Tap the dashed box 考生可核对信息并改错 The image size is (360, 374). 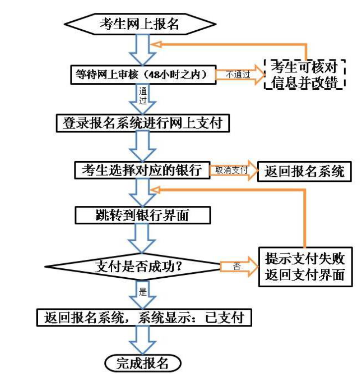click(304, 74)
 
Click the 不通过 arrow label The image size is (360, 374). click(238, 74)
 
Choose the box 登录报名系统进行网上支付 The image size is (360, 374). click(143, 123)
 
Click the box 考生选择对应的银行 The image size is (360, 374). click(142, 170)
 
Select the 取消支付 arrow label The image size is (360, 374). click(231, 170)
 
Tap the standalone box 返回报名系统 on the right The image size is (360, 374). click(304, 171)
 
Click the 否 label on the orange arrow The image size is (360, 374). click(237, 266)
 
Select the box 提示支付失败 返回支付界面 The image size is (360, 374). click(304, 266)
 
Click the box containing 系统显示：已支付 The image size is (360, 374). click(141, 317)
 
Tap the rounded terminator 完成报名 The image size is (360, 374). click(143, 363)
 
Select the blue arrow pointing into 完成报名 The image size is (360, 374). click(143, 340)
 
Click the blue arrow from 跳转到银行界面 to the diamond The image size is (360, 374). click(143, 238)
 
